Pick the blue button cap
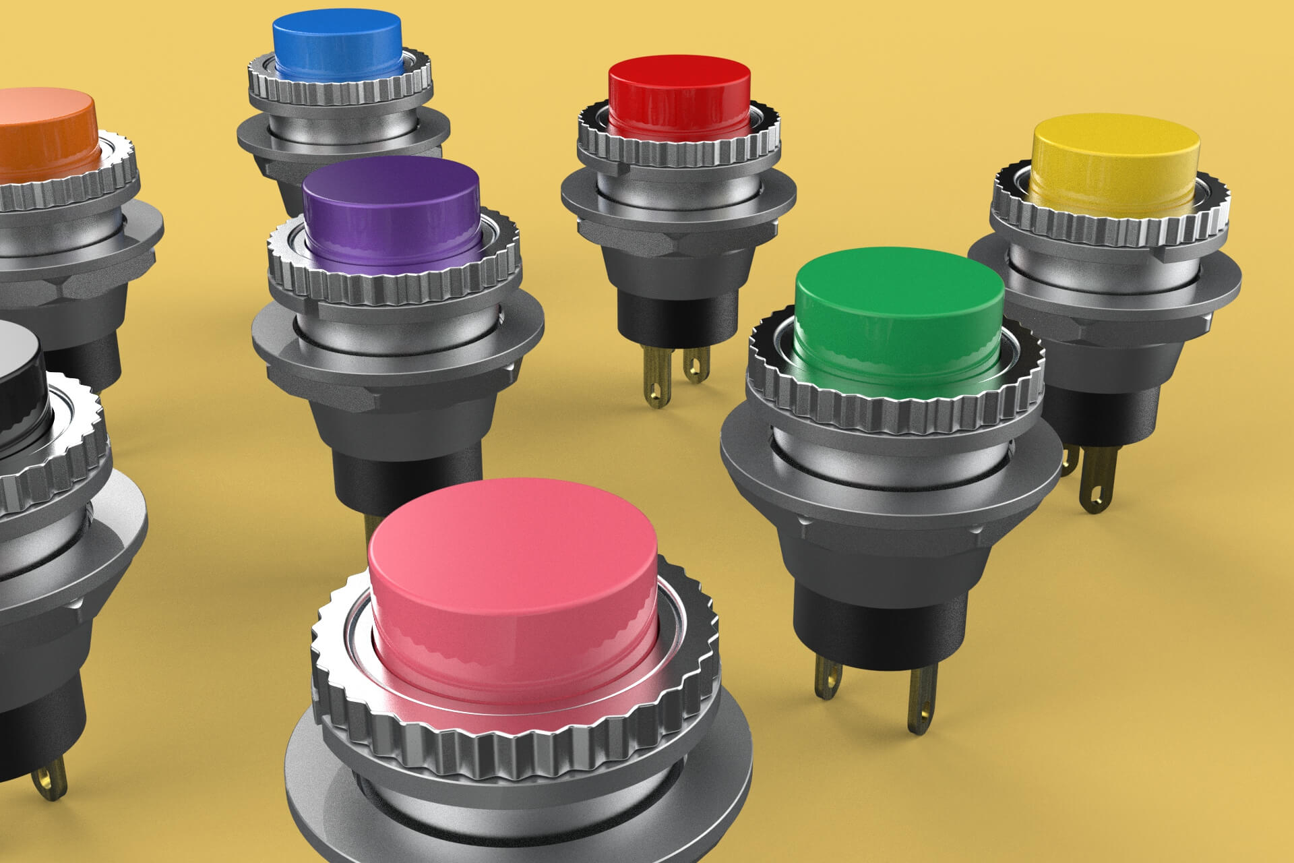click(337, 30)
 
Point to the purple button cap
click(391, 185)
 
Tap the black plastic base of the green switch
click(869, 620)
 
